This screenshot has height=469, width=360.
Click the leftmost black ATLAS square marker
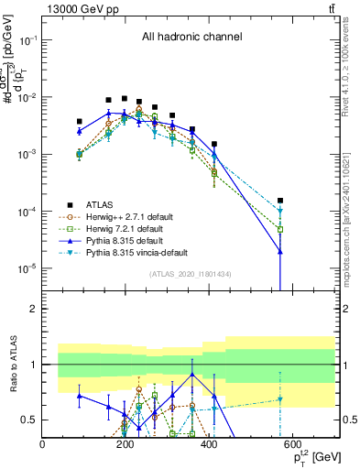80,121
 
